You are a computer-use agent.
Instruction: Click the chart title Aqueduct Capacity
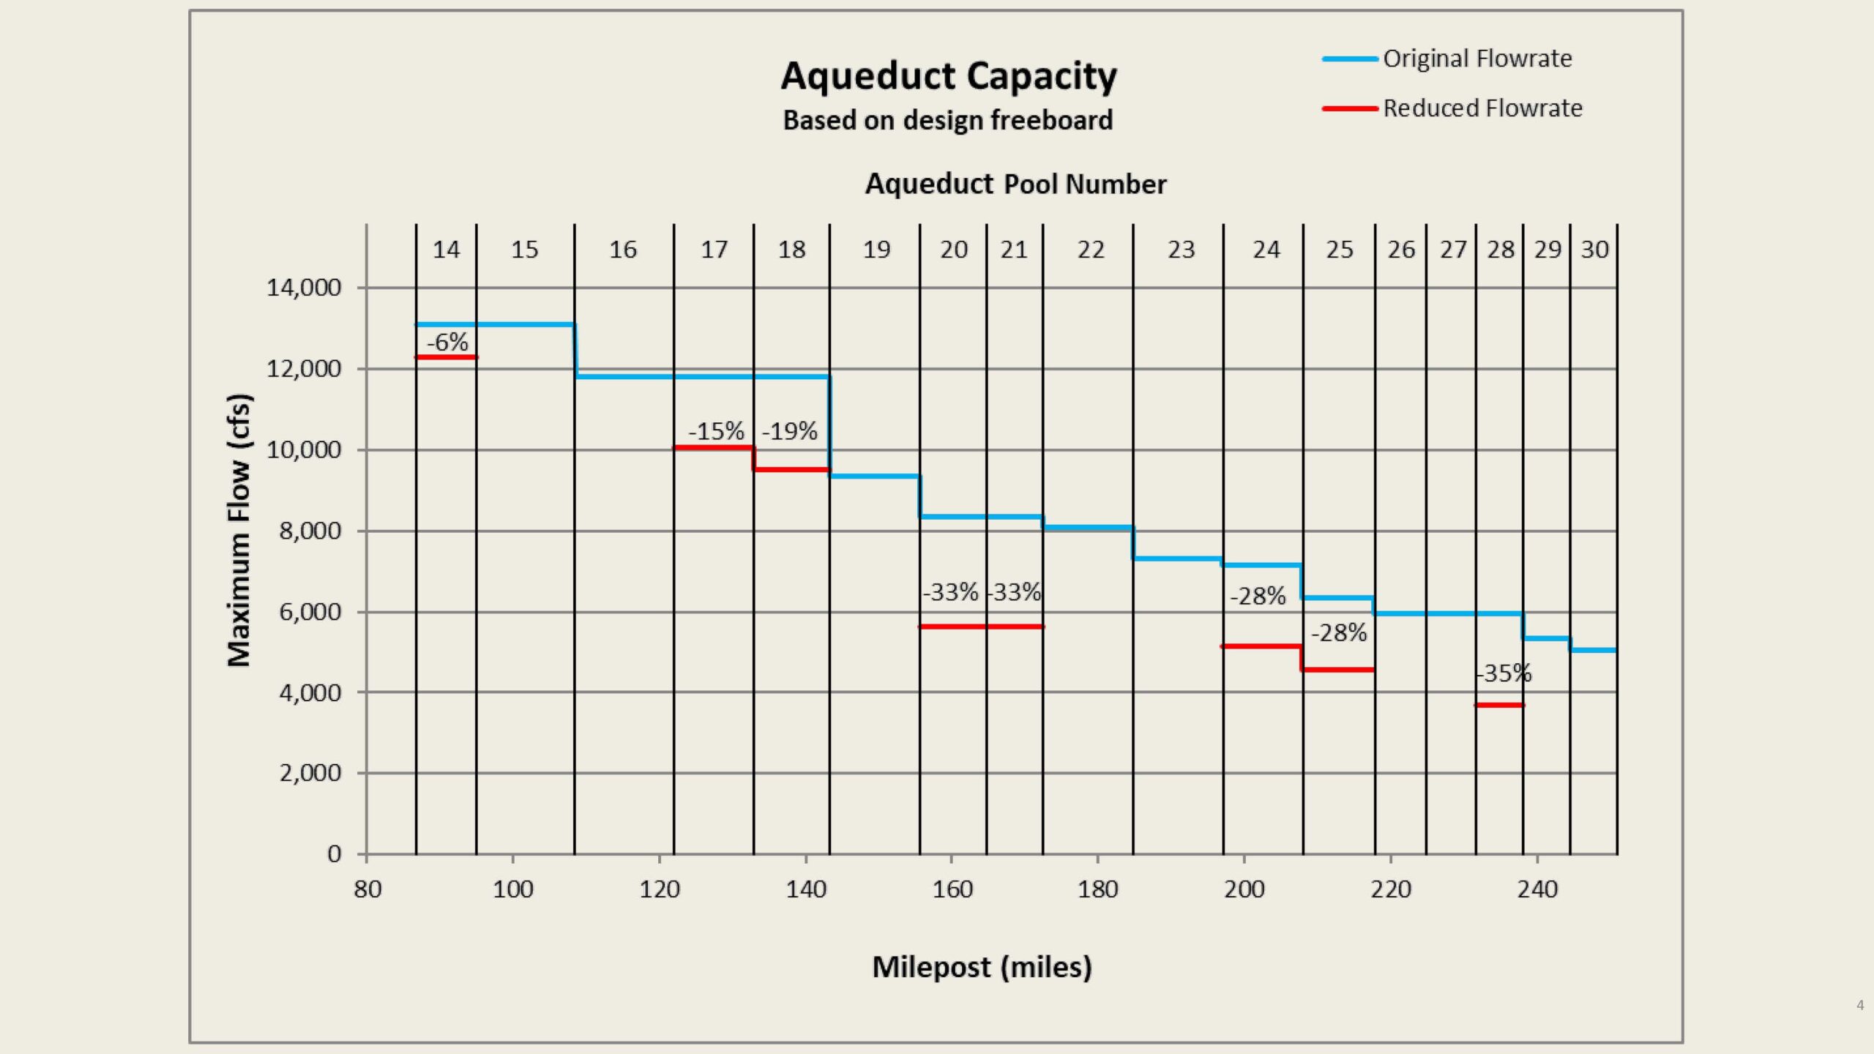point(949,76)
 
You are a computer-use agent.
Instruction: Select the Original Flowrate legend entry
point(1477,59)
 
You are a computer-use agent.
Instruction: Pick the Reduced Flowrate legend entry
point(1482,108)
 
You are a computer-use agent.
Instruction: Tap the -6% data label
point(447,342)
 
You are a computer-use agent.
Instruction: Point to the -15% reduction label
point(716,431)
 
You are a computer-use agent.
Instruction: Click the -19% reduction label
point(790,431)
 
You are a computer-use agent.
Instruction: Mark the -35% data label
point(1504,673)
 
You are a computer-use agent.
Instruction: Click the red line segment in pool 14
point(446,357)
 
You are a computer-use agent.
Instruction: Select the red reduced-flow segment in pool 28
point(1499,705)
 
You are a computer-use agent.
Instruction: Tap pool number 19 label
point(876,250)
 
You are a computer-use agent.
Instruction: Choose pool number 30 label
point(1594,250)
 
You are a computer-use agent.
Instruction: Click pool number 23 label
point(1181,250)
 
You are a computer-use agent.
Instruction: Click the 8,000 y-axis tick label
point(310,531)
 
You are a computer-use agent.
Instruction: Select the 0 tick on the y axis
point(334,854)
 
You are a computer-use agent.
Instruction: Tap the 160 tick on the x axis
point(952,889)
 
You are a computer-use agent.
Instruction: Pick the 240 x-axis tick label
point(1537,889)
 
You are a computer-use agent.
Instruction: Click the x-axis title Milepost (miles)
point(982,967)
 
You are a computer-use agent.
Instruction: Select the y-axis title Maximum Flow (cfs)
point(239,531)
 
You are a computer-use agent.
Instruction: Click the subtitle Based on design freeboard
point(948,120)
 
